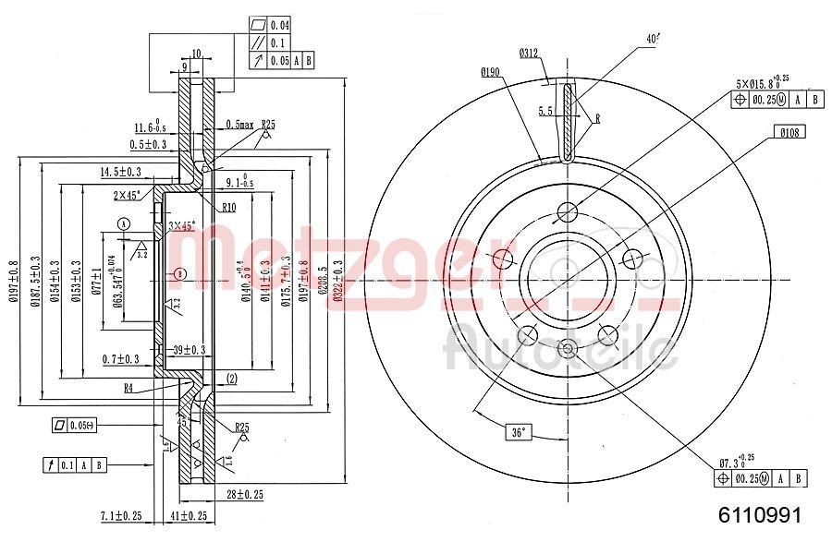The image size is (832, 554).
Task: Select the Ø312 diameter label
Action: [529, 54]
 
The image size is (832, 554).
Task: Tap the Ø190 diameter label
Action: [490, 71]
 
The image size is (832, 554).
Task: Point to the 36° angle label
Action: [520, 431]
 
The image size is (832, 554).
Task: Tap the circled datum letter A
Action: [123, 223]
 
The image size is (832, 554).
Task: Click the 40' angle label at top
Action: [654, 39]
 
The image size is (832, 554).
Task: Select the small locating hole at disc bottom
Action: [568, 348]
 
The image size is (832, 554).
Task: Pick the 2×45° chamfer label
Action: [127, 195]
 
